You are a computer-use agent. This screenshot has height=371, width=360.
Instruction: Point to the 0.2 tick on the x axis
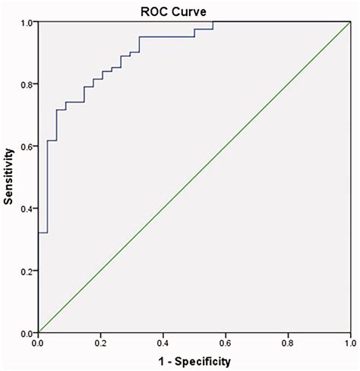(100, 343)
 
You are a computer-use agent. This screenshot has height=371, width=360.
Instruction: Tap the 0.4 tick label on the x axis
(163, 343)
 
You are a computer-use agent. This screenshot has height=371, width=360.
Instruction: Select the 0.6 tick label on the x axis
(225, 343)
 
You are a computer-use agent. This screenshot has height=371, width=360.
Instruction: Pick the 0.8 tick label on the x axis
(287, 343)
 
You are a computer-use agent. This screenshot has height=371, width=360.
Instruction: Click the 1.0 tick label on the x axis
(349, 343)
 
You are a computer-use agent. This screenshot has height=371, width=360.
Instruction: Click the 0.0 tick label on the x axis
(38, 343)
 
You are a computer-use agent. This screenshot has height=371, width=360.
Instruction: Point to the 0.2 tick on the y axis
(27, 271)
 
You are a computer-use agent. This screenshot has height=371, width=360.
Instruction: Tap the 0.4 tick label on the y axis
(27, 209)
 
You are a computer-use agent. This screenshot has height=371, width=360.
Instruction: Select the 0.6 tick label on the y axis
(27, 146)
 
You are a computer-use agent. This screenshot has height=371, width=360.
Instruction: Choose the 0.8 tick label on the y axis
(27, 84)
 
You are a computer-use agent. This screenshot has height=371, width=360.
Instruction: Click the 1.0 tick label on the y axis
(27, 23)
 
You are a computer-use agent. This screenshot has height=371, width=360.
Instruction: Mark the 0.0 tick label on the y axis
(27, 333)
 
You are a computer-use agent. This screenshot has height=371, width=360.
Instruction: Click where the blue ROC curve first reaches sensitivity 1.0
(213, 22)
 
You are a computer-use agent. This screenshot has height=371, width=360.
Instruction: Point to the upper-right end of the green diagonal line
(349, 22)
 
